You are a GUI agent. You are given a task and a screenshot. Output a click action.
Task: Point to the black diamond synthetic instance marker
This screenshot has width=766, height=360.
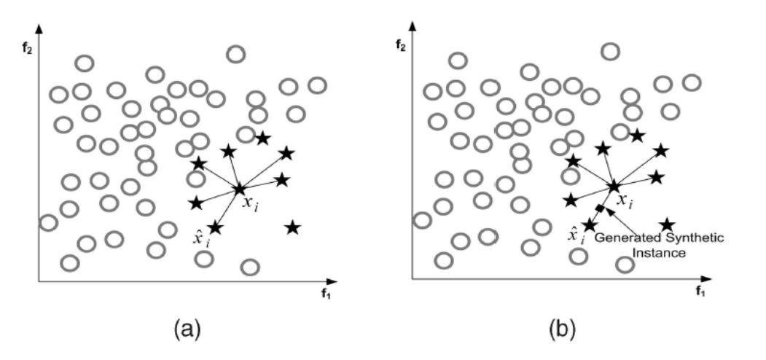point(600,210)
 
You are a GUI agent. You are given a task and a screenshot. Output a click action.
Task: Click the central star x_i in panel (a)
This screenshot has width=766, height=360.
point(239,189)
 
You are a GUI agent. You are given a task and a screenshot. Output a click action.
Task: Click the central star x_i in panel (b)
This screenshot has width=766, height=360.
point(614,187)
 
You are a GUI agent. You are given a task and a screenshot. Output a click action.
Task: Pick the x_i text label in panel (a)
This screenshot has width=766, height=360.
point(251,205)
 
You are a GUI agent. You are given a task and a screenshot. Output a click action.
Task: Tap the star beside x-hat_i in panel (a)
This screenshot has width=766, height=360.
point(215,227)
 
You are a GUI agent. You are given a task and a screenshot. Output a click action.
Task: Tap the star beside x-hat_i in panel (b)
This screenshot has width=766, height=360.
point(589,225)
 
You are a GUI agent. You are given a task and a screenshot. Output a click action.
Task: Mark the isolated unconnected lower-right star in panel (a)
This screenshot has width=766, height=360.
point(292,228)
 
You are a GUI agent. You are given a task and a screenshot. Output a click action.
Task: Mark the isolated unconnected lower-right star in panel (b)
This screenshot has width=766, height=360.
point(667,225)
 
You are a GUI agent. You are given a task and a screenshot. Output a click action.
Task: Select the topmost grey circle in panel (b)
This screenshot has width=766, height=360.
point(610,52)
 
